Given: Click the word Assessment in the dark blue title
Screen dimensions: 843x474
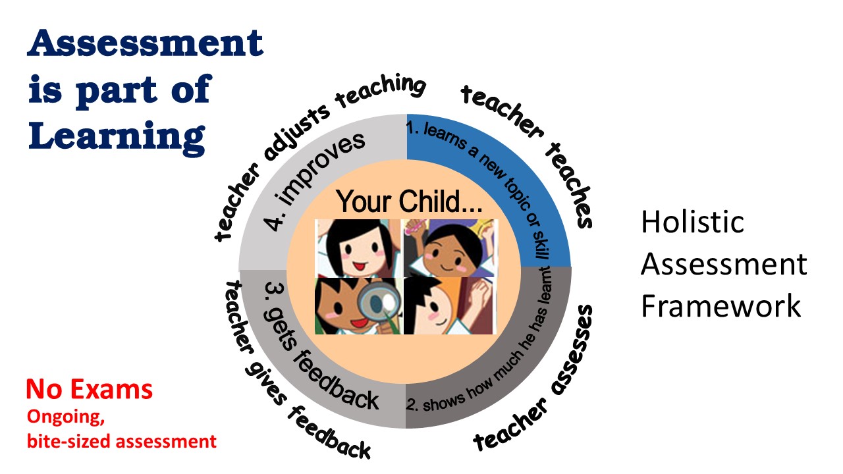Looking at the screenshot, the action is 146,43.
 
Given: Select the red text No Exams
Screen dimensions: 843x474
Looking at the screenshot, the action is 90,389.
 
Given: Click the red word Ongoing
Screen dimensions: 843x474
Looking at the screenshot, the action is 65,417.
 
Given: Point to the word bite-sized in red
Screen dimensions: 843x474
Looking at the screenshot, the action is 68,442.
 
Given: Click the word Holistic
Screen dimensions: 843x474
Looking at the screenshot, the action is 692,222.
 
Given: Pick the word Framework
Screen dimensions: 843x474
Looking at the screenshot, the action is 721,306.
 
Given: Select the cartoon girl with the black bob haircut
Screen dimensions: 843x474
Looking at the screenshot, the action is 358,248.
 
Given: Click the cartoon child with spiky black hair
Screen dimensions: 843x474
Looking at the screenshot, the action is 450,305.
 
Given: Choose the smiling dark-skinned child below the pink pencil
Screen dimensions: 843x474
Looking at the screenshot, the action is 450,248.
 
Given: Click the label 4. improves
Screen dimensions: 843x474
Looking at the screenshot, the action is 314,181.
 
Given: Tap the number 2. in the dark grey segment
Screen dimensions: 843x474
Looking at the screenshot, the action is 412,405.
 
